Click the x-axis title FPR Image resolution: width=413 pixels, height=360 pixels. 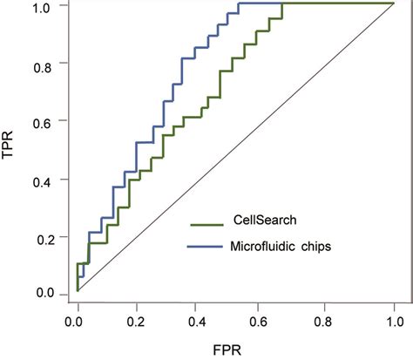point(234,348)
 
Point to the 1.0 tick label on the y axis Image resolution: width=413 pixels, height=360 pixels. point(44,6)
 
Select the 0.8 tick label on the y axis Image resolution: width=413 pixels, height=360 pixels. point(44,64)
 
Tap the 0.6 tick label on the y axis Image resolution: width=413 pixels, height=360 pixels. point(44,121)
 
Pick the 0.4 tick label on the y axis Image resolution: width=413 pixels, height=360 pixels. point(44,180)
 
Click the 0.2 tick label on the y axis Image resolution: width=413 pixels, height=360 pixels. point(44,237)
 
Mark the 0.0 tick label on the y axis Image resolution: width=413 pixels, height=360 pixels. point(44,294)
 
